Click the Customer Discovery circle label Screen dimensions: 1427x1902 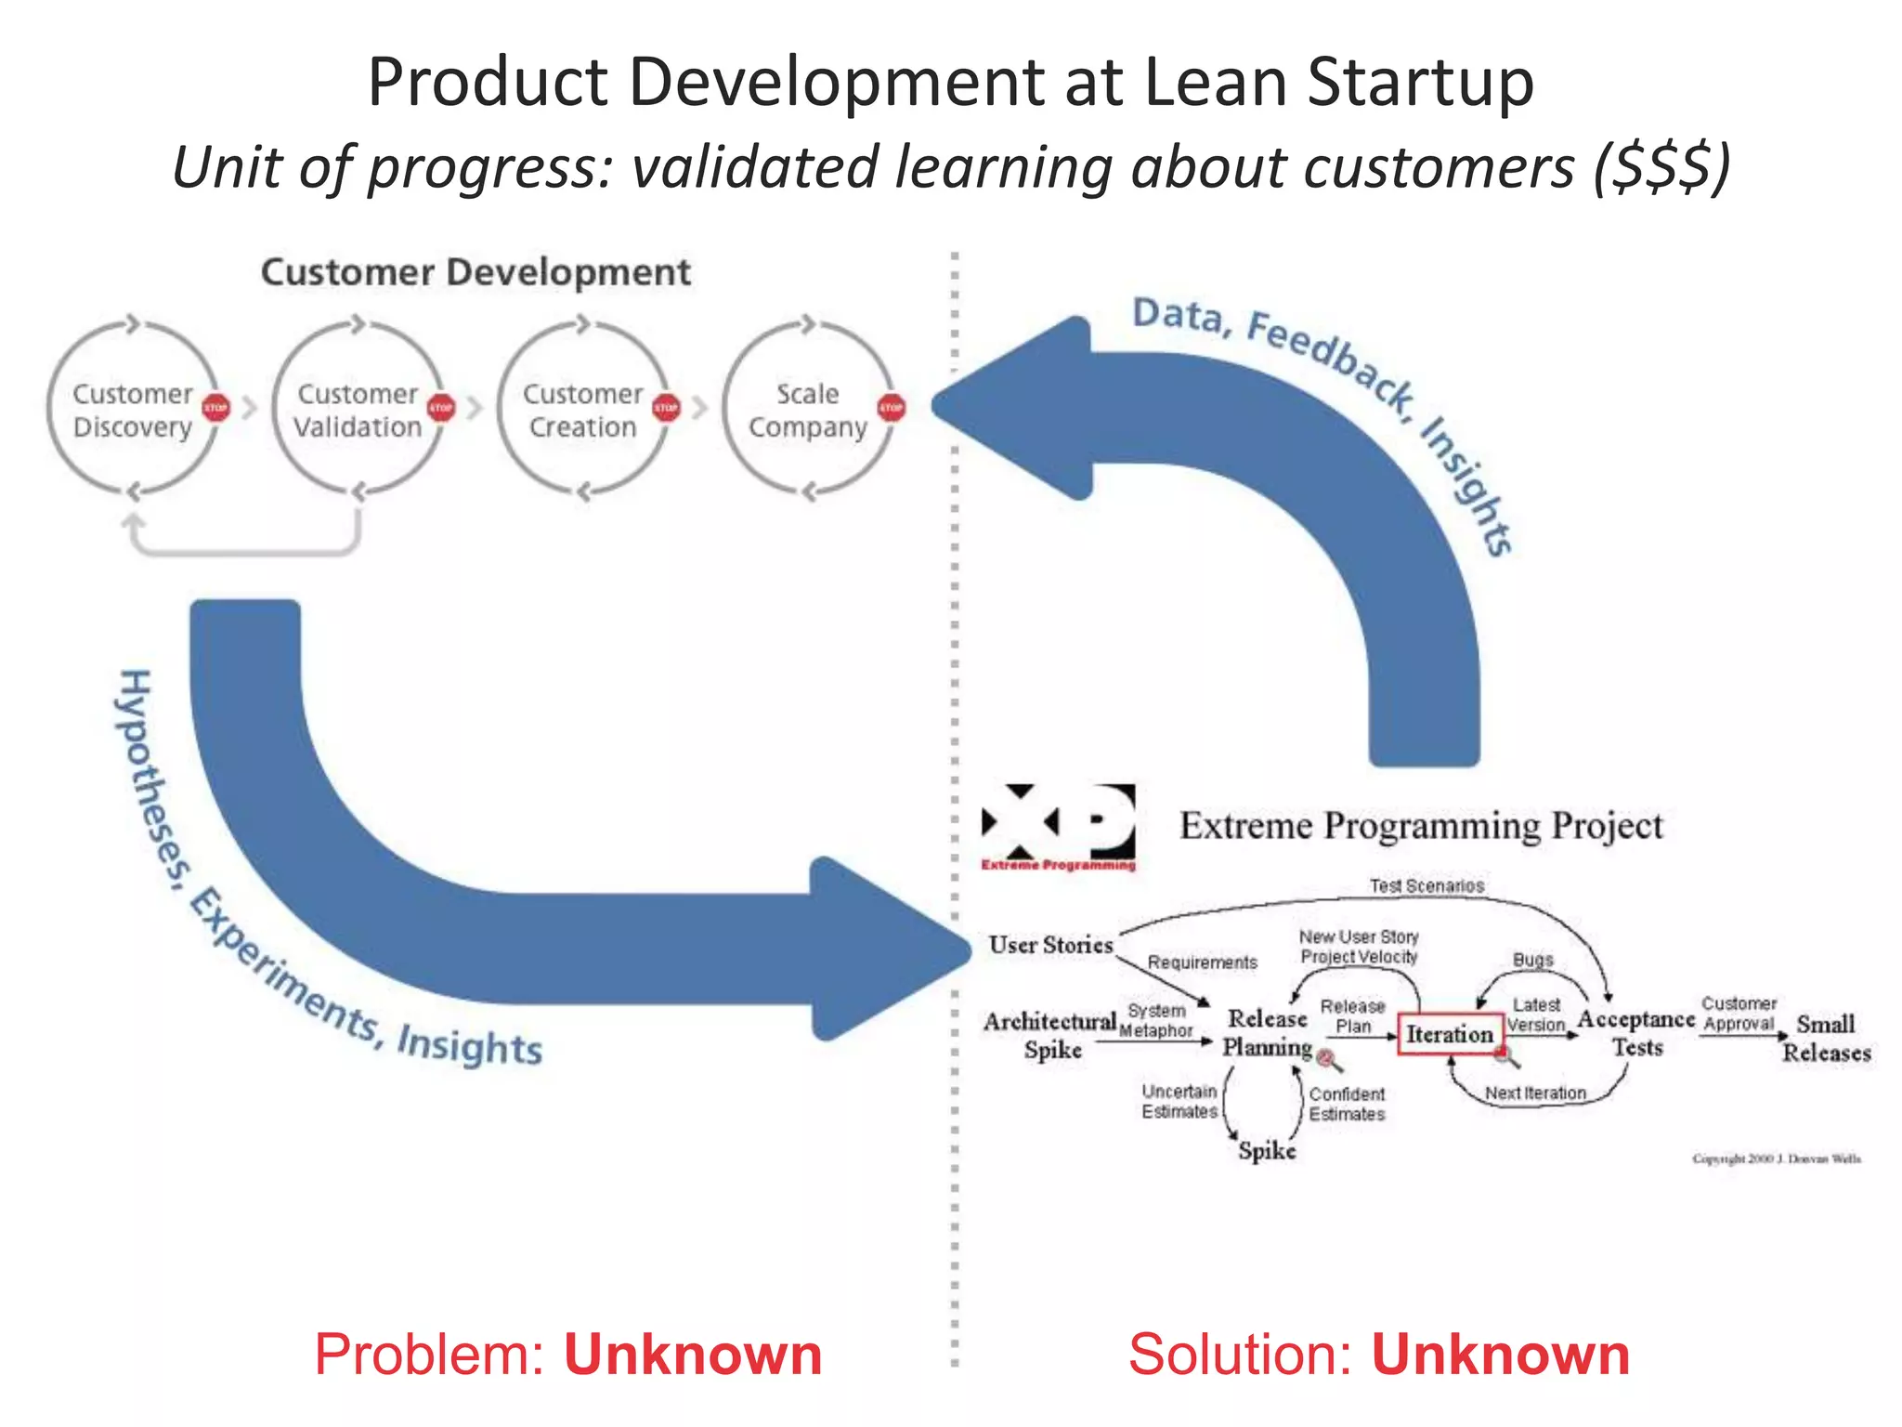[x=133, y=410]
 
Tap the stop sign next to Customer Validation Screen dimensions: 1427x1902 [x=441, y=407]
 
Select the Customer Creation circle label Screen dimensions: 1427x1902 [x=583, y=410]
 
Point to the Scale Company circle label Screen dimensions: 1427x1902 [x=808, y=410]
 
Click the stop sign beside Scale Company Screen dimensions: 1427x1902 [x=892, y=407]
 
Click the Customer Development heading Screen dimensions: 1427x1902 [x=475, y=272]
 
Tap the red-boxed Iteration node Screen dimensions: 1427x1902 [x=1450, y=1034]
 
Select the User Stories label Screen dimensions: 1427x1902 [x=1050, y=945]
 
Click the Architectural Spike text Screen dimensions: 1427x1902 [x=1050, y=1035]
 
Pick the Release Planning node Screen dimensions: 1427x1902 [x=1267, y=1032]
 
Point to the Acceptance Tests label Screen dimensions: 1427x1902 [x=1636, y=1032]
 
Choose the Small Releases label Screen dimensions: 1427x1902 [x=1826, y=1038]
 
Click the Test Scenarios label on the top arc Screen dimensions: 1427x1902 [x=1426, y=886]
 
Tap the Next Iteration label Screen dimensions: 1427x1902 [x=1535, y=1093]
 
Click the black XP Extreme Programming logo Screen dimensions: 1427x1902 [x=1059, y=824]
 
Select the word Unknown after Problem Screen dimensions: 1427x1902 [x=693, y=1355]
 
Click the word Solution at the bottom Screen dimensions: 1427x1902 [x=1240, y=1355]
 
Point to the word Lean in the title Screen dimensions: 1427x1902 [x=1215, y=82]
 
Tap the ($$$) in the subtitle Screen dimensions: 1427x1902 [x=1662, y=167]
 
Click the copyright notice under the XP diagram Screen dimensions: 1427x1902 [x=1776, y=1159]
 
